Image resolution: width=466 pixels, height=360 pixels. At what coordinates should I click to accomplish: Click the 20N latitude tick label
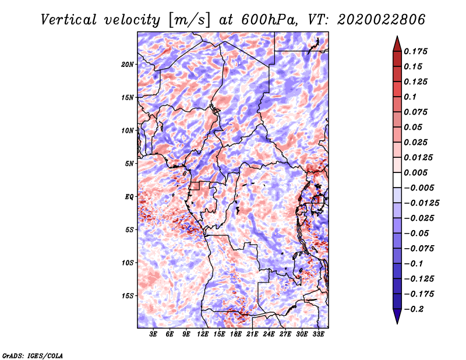[x=128, y=65]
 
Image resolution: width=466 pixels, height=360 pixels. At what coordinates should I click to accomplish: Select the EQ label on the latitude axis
[x=129, y=197]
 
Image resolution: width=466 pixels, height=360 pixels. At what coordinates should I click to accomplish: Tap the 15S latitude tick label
[x=128, y=296]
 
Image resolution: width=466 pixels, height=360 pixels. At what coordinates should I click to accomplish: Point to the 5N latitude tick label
[x=129, y=164]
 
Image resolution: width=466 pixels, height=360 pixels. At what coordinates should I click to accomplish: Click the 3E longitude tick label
[x=153, y=334]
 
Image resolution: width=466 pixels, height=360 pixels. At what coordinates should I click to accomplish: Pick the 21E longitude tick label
[x=252, y=334]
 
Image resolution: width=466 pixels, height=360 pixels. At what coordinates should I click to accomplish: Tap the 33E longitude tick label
[x=318, y=334]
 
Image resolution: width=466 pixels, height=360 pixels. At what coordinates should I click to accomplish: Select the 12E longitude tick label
[x=203, y=334]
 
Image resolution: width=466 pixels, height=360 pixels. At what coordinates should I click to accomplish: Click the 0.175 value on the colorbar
[x=415, y=51]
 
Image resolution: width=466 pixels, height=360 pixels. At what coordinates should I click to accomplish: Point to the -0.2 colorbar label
[x=414, y=309]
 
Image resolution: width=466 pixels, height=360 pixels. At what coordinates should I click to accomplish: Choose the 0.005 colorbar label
[x=415, y=172]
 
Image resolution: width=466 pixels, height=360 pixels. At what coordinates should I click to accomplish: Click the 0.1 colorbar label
[x=410, y=97]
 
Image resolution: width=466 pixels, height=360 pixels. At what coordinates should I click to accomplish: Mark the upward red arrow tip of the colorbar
[x=397, y=36]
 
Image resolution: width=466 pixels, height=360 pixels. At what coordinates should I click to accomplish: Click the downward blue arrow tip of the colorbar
[x=397, y=323]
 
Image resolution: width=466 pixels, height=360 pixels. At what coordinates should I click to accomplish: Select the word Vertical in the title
[x=69, y=20]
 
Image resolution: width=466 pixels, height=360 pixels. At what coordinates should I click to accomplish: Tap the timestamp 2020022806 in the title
[x=382, y=20]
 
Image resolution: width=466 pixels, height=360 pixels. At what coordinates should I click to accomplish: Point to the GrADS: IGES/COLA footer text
[x=33, y=355]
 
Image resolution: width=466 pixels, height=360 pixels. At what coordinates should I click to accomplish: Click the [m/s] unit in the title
[x=189, y=20]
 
